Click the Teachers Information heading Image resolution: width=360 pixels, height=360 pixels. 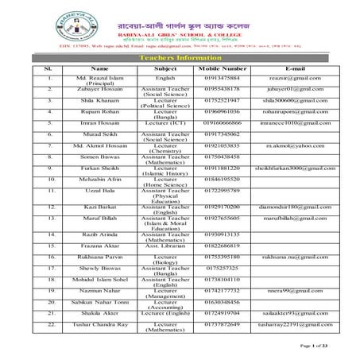(x=180, y=58)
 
